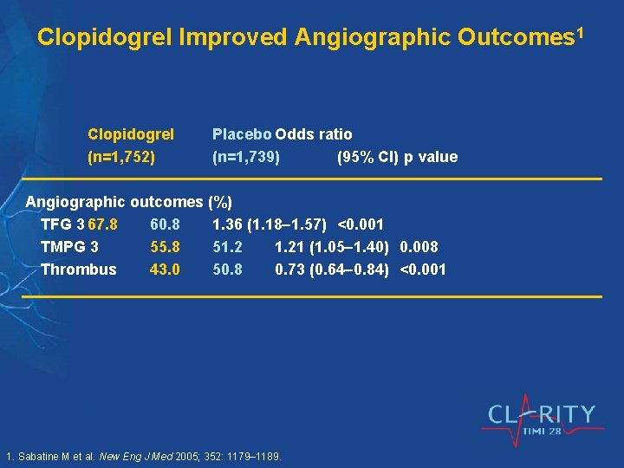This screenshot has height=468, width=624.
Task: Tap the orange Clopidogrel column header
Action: [x=131, y=134]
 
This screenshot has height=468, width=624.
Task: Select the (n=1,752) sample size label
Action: [x=121, y=158]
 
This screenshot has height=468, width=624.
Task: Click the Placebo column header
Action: [x=242, y=134]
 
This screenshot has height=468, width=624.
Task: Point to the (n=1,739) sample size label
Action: [x=246, y=158]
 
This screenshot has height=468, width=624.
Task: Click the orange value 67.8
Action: [x=103, y=225]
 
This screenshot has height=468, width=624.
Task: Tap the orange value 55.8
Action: [x=165, y=247]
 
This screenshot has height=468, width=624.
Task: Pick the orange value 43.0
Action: [x=165, y=270]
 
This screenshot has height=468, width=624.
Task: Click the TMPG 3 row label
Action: [x=69, y=247]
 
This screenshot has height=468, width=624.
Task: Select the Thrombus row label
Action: [x=78, y=270]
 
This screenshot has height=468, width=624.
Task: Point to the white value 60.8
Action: [x=165, y=225]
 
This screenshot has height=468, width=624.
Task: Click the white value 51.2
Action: [x=228, y=247]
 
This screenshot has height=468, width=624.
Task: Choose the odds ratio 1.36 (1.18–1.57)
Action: [x=270, y=225]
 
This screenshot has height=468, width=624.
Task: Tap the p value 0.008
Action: [x=419, y=247]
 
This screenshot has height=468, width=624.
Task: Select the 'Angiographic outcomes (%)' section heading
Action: [x=128, y=203]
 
